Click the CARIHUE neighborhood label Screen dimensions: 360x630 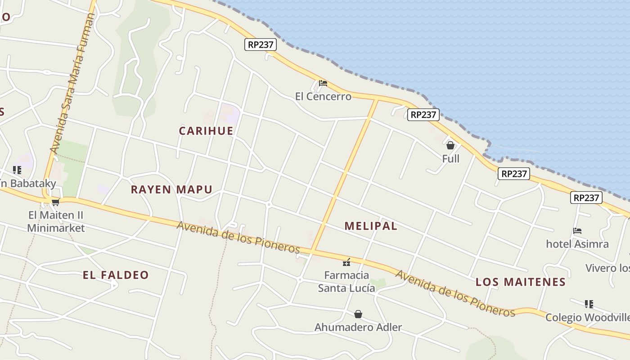point(206,131)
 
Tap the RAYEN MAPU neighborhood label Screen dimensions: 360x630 point(171,189)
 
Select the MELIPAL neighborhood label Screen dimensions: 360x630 point(371,226)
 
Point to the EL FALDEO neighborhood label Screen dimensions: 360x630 point(116,275)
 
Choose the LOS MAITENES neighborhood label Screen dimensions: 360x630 point(521,282)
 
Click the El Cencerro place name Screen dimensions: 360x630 point(323,96)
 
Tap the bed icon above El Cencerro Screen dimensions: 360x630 point(323,83)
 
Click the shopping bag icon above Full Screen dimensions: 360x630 point(450,145)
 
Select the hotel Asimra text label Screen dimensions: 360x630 point(577,244)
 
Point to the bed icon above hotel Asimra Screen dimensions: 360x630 point(577,231)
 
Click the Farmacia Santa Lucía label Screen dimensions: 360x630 point(346,281)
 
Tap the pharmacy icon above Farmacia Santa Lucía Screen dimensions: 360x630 point(346,262)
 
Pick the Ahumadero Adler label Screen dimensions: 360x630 point(358,327)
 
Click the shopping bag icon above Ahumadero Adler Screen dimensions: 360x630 point(358,314)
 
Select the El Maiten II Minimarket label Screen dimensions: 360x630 point(56,221)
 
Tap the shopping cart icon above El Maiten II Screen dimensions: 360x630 point(55,202)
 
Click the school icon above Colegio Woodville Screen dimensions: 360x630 point(589,304)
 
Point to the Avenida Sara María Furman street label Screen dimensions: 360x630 point(73,83)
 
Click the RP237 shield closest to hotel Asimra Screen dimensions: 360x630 point(586,198)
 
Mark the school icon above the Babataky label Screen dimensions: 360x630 point(17,170)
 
